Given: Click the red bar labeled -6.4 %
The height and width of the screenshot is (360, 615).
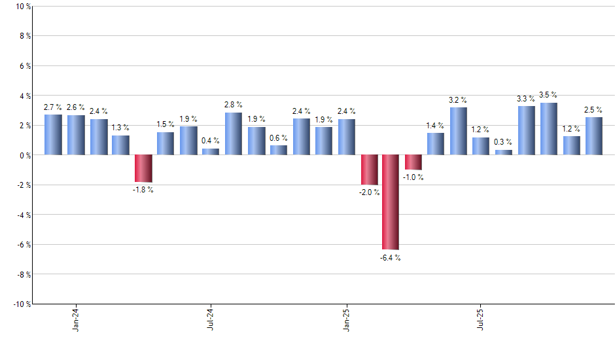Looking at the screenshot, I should pyautogui.click(x=391, y=202).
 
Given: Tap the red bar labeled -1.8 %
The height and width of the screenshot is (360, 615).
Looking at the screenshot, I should pyautogui.click(x=143, y=168).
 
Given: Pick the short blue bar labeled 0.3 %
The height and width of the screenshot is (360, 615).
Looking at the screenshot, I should pyautogui.click(x=504, y=153).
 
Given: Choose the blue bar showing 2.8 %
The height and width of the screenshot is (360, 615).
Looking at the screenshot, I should pyautogui.click(x=234, y=134).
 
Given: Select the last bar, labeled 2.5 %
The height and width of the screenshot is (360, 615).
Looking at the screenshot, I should pyautogui.click(x=594, y=136).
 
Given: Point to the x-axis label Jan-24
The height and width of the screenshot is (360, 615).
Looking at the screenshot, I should pyautogui.click(x=77, y=318).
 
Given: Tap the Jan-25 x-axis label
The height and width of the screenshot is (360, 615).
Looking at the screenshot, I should pyautogui.click(x=347, y=318).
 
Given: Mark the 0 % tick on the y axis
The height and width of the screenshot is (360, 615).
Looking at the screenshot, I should pyautogui.click(x=24, y=155).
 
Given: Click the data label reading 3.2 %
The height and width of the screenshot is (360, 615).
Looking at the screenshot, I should pyautogui.click(x=458, y=100).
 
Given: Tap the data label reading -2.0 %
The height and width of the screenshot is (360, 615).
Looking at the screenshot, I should pyautogui.click(x=368, y=192).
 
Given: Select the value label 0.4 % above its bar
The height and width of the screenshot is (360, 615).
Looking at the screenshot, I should pyautogui.click(x=211, y=141).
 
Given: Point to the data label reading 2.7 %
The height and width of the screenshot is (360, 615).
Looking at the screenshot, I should pyautogui.click(x=53, y=107).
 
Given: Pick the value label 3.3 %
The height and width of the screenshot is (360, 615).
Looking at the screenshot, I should pyautogui.click(x=526, y=99).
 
